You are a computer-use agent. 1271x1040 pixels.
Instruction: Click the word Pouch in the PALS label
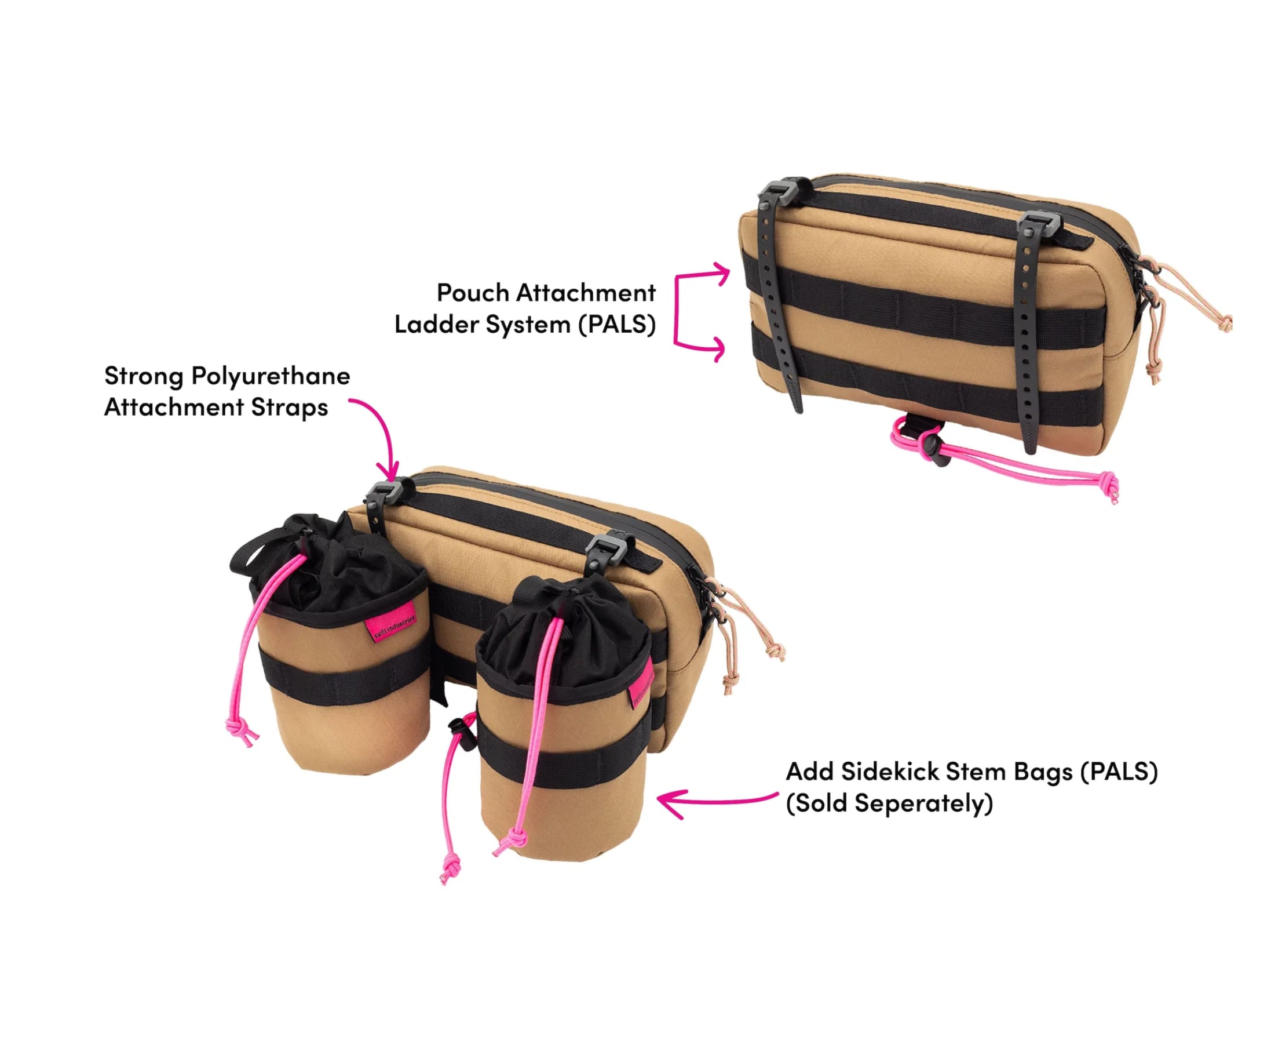472,293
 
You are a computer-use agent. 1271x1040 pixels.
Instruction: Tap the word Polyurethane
270,377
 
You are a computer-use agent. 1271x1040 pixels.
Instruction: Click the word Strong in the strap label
144,376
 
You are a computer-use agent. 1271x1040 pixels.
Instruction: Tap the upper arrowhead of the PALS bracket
722,274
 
